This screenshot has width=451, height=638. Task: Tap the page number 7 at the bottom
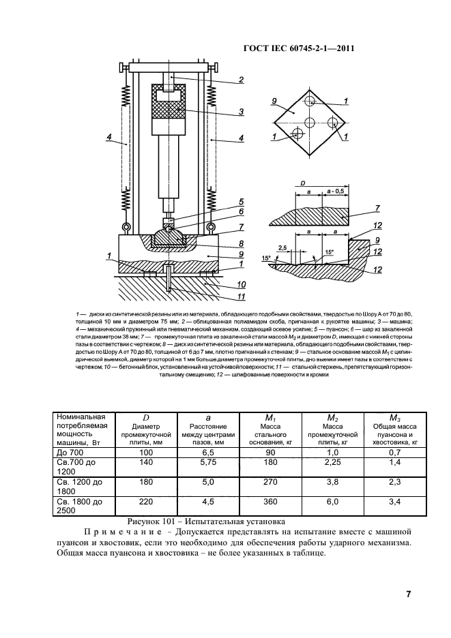click(407, 594)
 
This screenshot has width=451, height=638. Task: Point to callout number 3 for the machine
click(241, 111)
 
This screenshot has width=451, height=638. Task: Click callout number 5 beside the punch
click(241, 201)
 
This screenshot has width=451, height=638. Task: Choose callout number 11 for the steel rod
click(241, 296)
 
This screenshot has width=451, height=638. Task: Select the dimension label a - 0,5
click(336, 193)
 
